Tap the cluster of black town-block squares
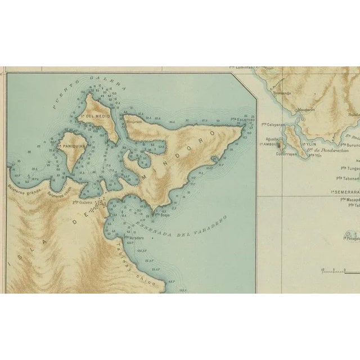(x=100, y=202)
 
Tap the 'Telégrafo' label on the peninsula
(x=133, y=121)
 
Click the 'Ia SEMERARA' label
(x=345, y=192)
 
